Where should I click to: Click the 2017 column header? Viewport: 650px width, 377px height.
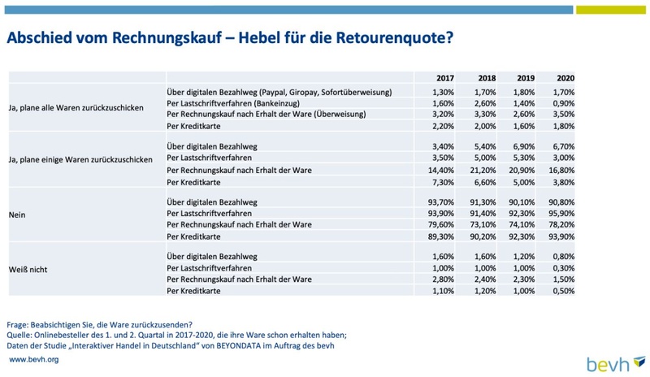point(444,78)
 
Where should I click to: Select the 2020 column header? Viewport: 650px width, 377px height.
point(565,78)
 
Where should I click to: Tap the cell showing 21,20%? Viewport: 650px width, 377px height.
point(483,170)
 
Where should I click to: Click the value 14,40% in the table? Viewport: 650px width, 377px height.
point(442,170)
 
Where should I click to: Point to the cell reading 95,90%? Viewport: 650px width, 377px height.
point(562,214)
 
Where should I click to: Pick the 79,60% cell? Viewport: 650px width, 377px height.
point(441,225)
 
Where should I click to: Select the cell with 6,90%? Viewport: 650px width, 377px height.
point(524,146)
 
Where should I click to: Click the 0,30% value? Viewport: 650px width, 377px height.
point(564,268)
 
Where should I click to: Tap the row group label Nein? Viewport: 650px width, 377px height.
point(17,214)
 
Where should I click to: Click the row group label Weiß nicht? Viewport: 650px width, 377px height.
point(28,270)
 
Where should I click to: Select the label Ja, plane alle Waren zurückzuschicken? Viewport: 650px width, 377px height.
point(76,108)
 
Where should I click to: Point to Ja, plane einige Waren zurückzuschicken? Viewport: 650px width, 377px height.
point(80,160)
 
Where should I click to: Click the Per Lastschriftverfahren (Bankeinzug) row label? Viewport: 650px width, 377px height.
point(233,103)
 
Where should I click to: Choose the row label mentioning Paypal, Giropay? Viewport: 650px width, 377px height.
point(279,92)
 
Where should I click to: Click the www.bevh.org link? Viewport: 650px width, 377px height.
point(33,360)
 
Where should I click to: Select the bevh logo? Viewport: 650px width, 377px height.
point(616,364)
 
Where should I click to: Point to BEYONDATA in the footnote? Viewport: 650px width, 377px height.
point(238,345)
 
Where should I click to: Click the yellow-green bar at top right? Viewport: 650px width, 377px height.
point(611,10)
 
